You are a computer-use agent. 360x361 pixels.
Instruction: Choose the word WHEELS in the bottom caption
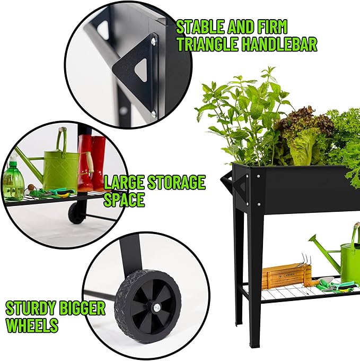pos(32,325)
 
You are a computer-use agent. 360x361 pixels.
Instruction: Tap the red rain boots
pos(91,162)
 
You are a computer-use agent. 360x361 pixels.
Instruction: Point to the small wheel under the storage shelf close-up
pos(77,211)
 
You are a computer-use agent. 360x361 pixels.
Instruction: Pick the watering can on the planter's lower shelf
pos(345,260)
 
